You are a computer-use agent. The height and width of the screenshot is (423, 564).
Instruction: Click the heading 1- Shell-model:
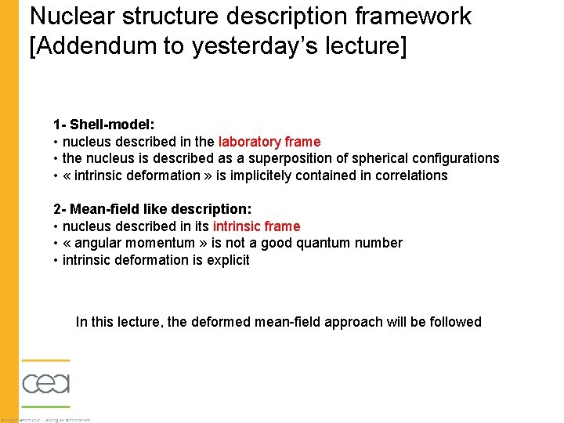click(x=104, y=125)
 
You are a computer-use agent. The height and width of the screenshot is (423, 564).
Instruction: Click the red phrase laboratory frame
click(x=269, y=142)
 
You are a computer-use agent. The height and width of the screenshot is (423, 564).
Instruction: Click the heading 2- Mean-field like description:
click(x=152, y=209)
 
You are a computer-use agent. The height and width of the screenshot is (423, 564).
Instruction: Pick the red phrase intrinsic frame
click(x=256, y=226)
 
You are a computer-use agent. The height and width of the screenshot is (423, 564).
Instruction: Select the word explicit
click(x=228, y=260)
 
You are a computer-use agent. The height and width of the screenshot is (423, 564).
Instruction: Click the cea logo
click(x=45, y=384)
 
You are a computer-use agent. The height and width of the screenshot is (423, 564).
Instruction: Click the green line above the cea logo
click(x=45, y=361)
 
